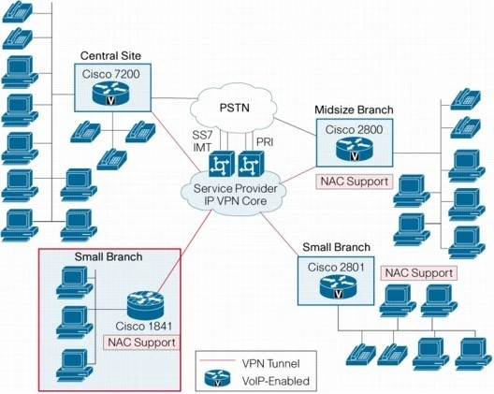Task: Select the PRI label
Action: click(x=264, y=139)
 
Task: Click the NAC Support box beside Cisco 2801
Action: click(x=420, y=272)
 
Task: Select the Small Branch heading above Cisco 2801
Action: click(x=336, y=247)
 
